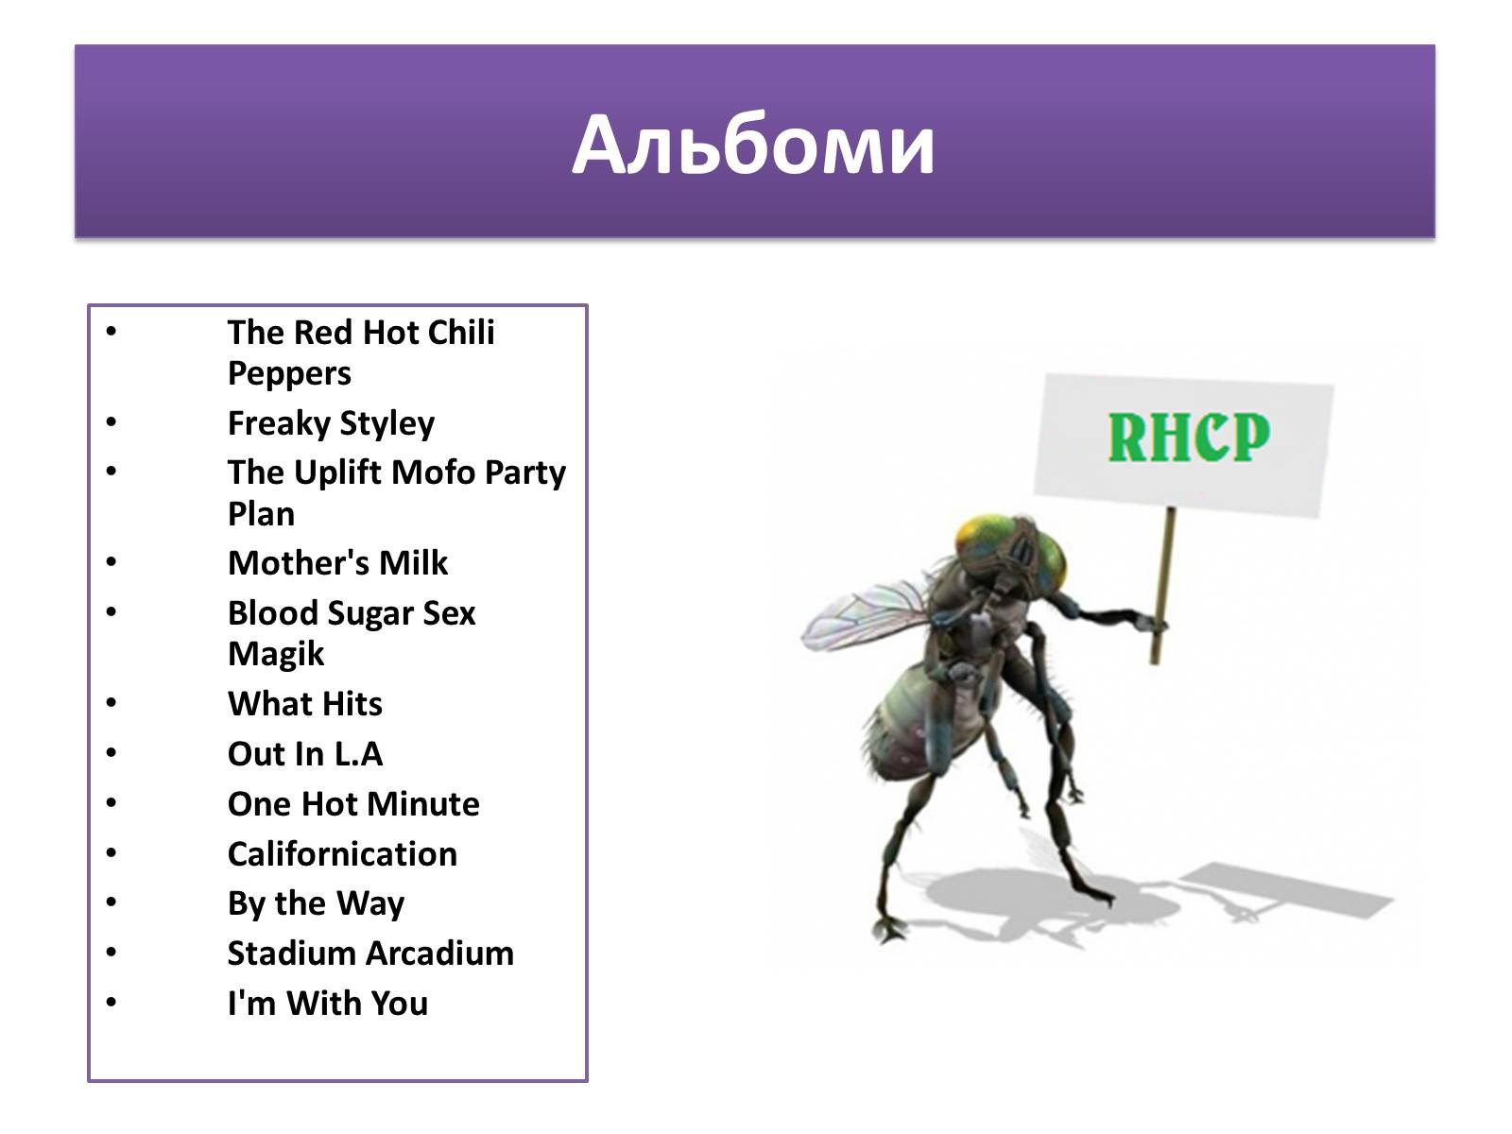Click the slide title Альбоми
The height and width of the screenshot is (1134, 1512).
pos(753,146)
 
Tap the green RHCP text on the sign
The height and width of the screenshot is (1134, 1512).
pos(1188,437)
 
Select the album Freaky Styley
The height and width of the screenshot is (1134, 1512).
pos(332,423)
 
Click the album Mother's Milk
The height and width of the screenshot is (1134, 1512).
pos(337,563)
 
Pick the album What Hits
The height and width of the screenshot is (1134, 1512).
pos(304,704)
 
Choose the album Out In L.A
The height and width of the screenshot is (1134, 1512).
pos(305,754)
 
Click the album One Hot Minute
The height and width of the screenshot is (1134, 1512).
pos(353,804)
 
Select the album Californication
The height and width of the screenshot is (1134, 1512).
pos(342,854)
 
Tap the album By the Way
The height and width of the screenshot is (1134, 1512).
pos(317,904)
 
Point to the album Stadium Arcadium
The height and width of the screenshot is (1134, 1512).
pos(370,954)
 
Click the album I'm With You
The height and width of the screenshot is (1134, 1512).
pos(328,1004)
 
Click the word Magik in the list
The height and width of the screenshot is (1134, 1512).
pos(276,654)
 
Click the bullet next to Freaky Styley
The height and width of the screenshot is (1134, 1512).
pos(112,421)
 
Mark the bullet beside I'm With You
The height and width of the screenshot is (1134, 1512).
pos(112,1002)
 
